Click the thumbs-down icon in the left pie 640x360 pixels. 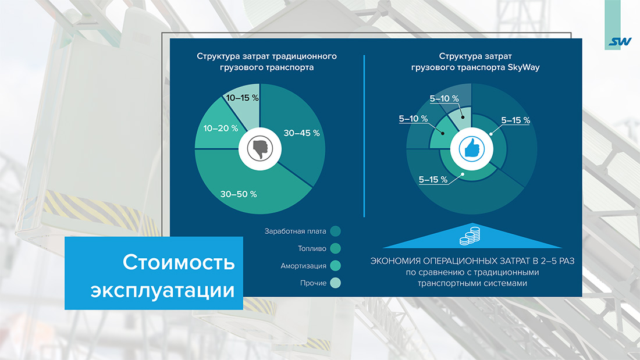click(260, 148)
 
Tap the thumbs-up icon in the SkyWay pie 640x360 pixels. click(471, 148)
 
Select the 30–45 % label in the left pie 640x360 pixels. click(301, 133)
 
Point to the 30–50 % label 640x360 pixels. click(239, 194)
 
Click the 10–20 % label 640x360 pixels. click(221, 128)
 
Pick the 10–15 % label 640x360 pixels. click(243, 98)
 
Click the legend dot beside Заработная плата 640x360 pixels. click(335, 231)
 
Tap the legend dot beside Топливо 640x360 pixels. click(335, 248)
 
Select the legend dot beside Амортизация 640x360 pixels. click(335, 266)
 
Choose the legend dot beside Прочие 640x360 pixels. click(335, 283)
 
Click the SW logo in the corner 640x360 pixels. click(620, 42)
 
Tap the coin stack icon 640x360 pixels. click(470, 237)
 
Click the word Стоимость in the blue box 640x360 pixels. click(179, 262)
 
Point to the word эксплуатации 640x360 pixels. click(163, 291)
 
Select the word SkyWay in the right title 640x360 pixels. click(524, 67)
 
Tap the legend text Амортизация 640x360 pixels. click(303, 266)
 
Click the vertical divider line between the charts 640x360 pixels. click(364, 136)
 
